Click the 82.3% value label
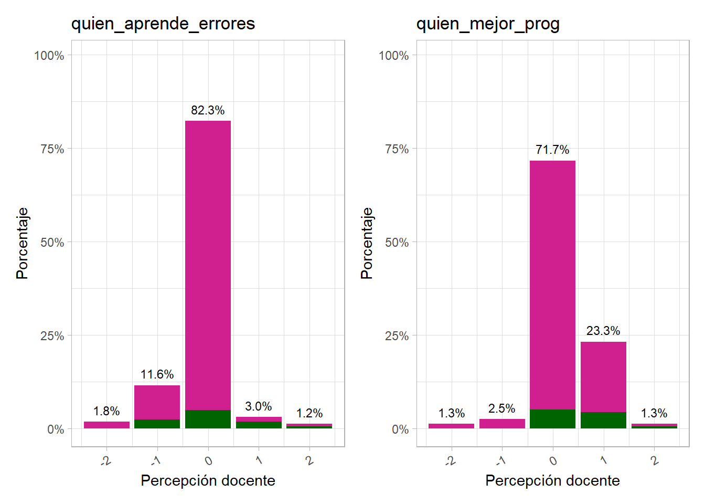click(x=208, y=110)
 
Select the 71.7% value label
click(x=552, y=150)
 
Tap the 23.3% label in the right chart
click(x=603, y=331)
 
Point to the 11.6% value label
click(x=157, y=374)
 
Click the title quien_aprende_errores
click(x=163, y=24)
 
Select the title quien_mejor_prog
click(x=488, y=24)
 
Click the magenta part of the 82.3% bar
click(x=208, y=262)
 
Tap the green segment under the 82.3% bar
click(x=208, y=419)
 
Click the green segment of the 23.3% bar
click(x=603, y=420)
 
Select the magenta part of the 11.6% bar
click(x=157, y=402)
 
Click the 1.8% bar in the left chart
click(x=106, y=425)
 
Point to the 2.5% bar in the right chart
click(x=502, y=423)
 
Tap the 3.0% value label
click(x=259, y=406)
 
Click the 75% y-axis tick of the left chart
click(x=52, y=149)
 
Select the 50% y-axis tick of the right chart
click(x=397, y=243)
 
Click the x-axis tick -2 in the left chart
click(x=106, y=461)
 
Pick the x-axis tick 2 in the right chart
click(x=654, y=460)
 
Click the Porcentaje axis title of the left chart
click(x=22, y=243)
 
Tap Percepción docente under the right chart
click(x=552, y=480)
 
